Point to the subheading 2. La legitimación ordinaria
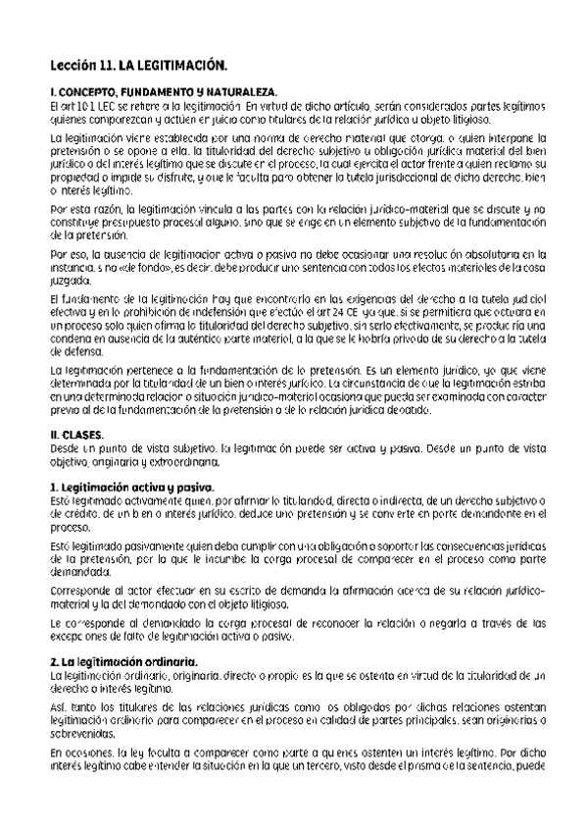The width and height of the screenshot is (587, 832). pyautogui.click(x=123, y=662)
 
